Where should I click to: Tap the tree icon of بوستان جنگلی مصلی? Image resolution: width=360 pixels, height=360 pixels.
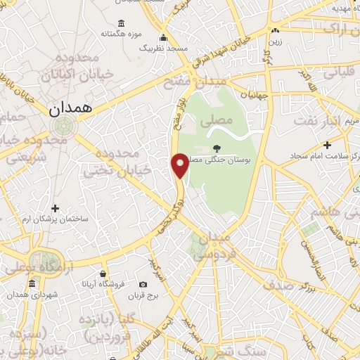pyautogui.click(x=217, y=148)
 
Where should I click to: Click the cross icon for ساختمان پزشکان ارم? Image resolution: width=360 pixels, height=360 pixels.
pyautogui.click(x=56, y=208)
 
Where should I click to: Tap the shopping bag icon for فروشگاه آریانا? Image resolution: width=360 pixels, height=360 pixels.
pyautogui.click(x=103, y=274)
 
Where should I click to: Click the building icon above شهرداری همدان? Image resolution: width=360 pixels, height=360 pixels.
pyautogui.click(x=32, y=283)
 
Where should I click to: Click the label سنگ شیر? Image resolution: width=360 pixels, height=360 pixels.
pyautogui.click(x=251, y=350)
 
